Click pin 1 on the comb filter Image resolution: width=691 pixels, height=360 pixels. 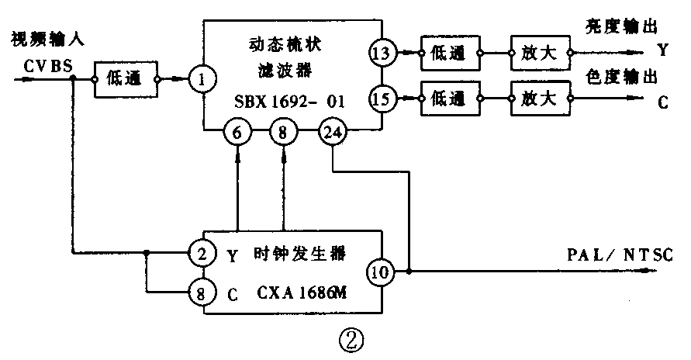point(203,78)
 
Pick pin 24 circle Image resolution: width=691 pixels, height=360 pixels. point(332,133)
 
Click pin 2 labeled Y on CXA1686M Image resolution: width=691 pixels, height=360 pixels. point(203,253)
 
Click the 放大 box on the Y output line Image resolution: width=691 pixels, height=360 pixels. point(540,54)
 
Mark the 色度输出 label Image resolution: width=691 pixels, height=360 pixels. point(622,76)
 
